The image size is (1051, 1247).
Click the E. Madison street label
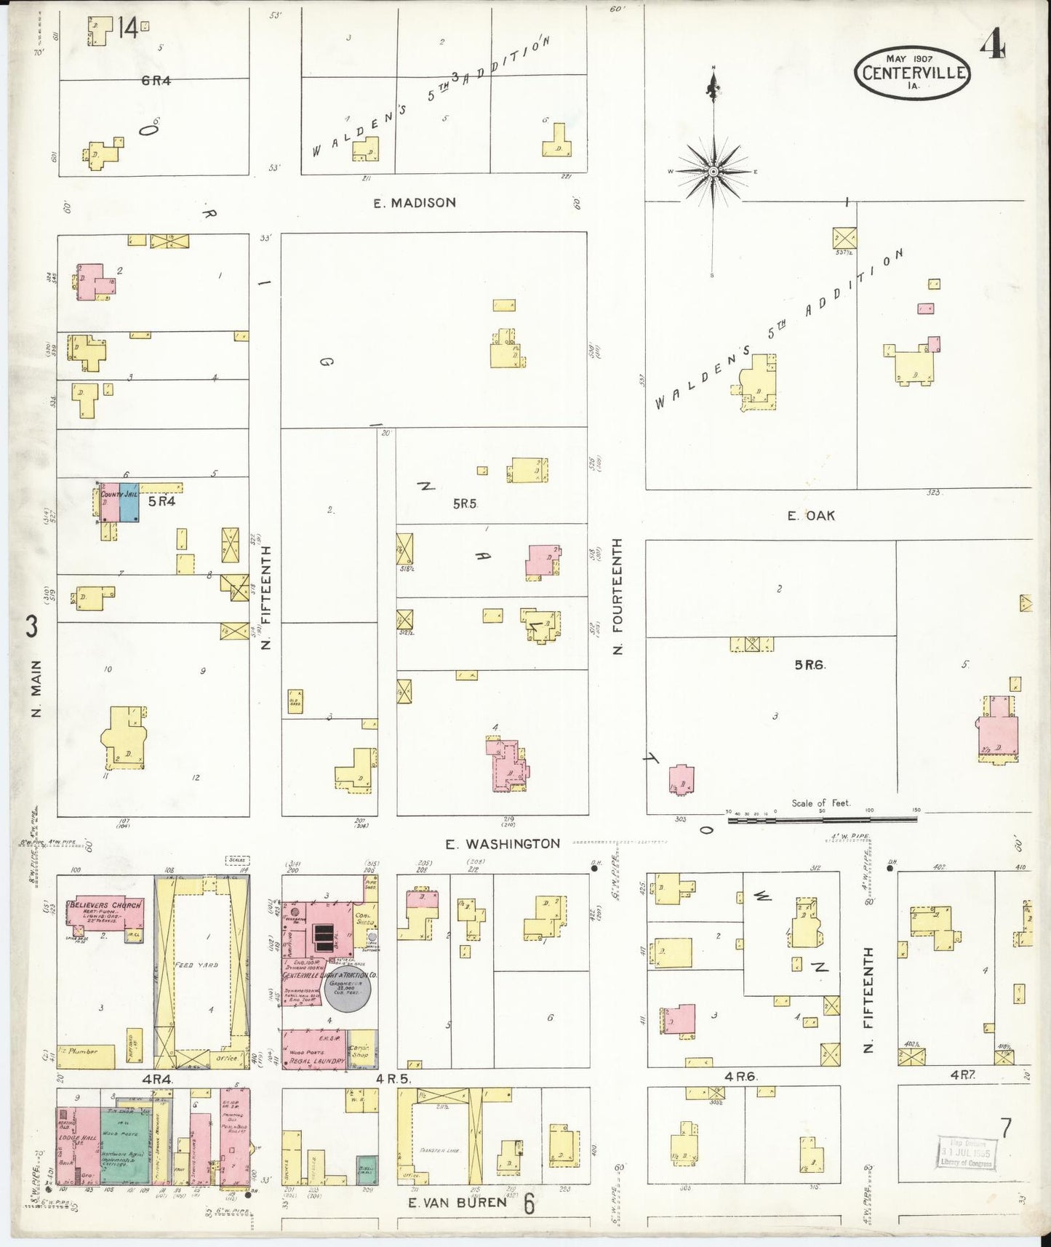pyautogui.click(x=415, y=203)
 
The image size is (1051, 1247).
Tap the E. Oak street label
pyautogui.click(x=811, y=516)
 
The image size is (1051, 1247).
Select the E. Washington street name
pyautogui.click(x=503, y=844)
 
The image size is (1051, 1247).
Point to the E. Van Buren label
pyautogui.click(x=457, y=1203)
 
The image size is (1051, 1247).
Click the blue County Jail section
pyautogui.click(x=129, y=503)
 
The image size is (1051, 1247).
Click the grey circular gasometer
pyautogui.click(x=348, y=991)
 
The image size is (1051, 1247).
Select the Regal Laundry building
pyautogui.click(x=314, y=1049)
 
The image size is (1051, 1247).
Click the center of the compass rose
pyautogui.click(x=714, y=172)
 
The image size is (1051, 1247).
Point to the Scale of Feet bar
pyautogui.click(x=822, y=819)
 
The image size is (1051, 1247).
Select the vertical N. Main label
pyautogui.click(x=36, y=688)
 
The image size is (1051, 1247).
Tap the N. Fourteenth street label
pyautogui.click(x=618, y=597)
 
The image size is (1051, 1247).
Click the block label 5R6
pyautogui.click(x=810, y=664)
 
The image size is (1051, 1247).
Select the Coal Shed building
pyautogui.click(x=364, y=919)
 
